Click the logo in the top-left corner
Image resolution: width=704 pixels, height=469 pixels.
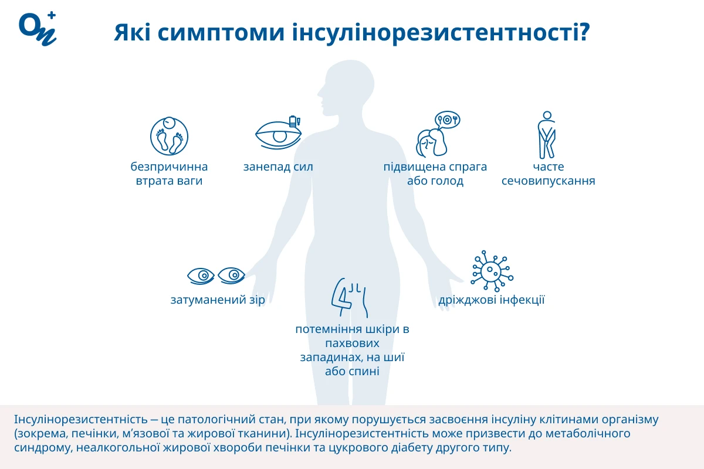[x=38, y=29]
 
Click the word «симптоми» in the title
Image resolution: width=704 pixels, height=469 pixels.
[x=221, y=32]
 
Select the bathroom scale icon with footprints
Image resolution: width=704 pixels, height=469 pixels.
[x=169, y=136]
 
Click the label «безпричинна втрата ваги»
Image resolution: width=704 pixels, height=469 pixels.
[x=169, y=174]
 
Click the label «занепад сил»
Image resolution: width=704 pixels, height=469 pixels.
[x=278, y=167]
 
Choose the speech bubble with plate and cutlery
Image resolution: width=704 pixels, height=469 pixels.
[x=447, y=120]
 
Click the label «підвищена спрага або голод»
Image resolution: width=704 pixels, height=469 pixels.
[x=435, y=174]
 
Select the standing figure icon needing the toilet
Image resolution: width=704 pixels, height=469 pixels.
[x=547, y=135]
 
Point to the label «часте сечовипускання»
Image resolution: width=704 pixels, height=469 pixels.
[x=548, y=174]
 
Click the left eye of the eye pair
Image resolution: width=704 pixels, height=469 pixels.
[x=201, y=276]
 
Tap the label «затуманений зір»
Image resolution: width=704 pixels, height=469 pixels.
[x=218, y=300]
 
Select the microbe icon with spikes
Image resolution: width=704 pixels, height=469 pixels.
[x=492, y=271]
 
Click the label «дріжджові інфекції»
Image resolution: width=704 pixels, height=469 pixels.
[x=491, y=300]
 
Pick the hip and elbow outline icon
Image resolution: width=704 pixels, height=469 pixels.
[x=350, y=297]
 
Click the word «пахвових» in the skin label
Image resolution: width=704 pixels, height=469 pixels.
[x=353, y=344]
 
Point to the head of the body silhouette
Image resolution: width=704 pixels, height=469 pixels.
[x=347, y=86]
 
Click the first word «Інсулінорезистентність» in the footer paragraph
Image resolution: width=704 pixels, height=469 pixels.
[x=81, y=419]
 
